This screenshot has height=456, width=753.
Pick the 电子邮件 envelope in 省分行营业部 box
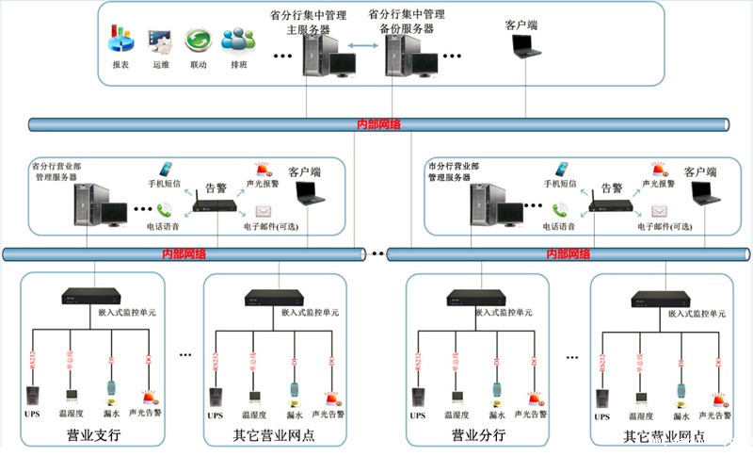click(x=264, y=211)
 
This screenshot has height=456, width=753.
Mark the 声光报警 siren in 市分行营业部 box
click(x=658, y=171)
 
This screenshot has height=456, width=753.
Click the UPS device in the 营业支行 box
click(x=32, y=395)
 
